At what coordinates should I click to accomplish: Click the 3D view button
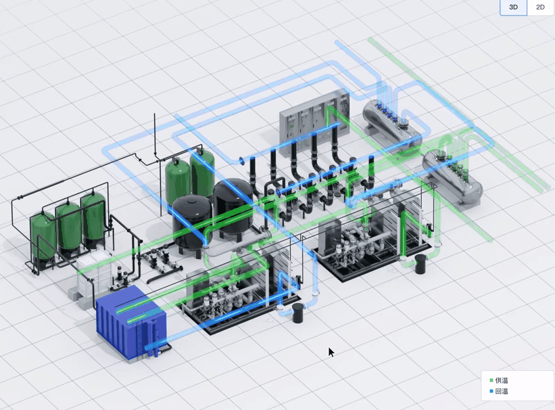(x=513, y=7)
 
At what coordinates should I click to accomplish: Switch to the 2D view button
(x=540, y=7)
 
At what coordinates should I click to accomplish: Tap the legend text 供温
(x=502, y=380)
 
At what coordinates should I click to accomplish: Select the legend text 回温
(x=502, y=391)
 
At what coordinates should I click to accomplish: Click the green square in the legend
(x=491, y=380)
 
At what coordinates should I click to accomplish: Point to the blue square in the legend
(x=491, y=391)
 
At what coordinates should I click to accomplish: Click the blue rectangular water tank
(x=130, y=323)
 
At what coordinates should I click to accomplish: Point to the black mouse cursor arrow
(x=331, y=352)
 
